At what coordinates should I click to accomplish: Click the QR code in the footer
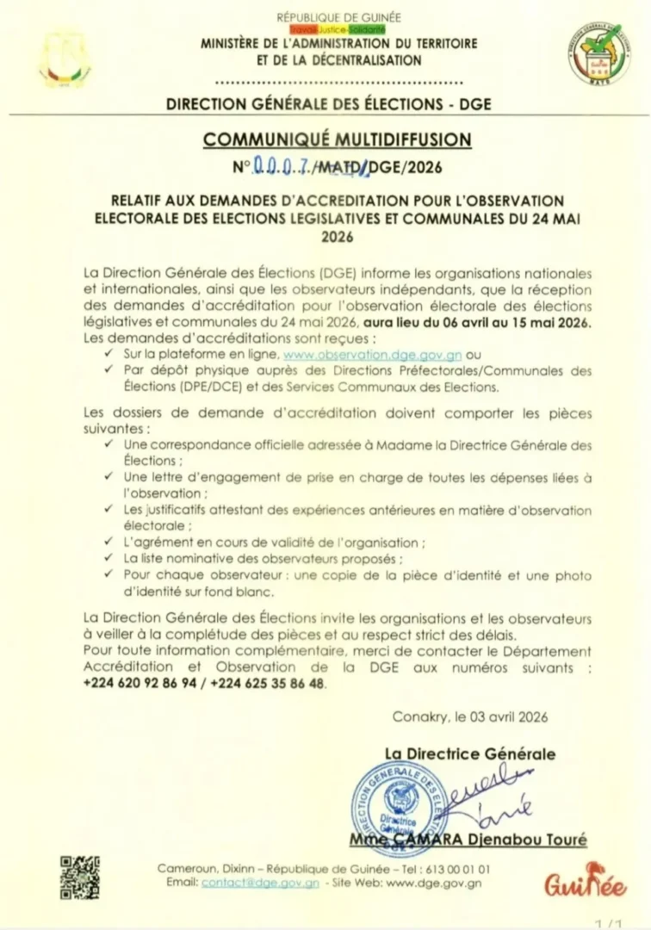[79, 877]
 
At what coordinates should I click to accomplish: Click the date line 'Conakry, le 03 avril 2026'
[469, 716]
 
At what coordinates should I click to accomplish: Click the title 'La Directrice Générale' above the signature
[469, 754]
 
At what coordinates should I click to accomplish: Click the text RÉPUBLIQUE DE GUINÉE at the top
[338, 17]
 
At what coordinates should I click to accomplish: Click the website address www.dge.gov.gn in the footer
[434, 883]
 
